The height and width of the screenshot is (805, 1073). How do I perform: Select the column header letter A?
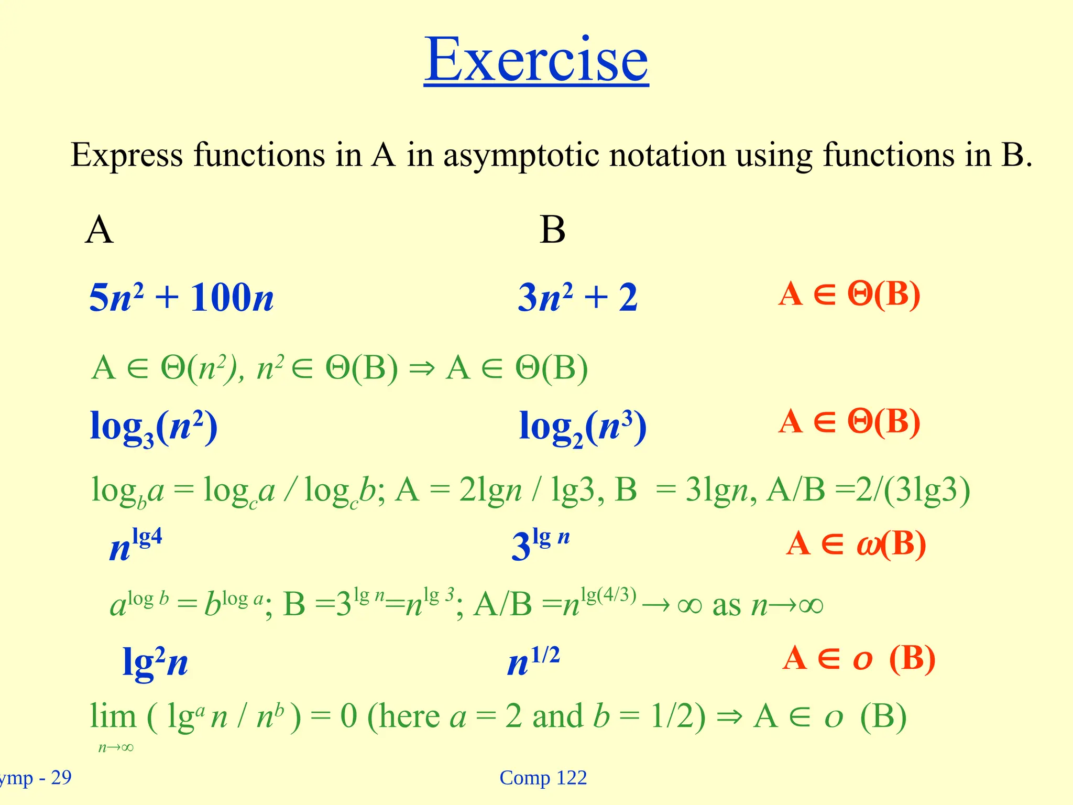tap(99, 230)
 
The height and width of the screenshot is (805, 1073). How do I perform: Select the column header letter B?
tap(552, 230)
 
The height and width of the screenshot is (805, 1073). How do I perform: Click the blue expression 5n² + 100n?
tap(181, 298)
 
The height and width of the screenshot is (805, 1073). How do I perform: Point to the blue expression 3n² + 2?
tap(577, 298)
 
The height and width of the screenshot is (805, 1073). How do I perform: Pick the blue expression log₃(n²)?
tap(154, 427)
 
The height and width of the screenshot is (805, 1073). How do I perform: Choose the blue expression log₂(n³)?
tap(583, 427)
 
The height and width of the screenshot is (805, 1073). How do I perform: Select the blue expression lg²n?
tap(155, 662)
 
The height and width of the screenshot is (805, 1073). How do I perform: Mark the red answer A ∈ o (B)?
tap(859, 658)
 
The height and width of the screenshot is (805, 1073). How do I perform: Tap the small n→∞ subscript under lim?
tap(116, 747)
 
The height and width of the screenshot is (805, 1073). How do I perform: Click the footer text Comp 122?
tap(543, 778)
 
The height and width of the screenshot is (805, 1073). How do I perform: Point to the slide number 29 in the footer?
tap(61, 778)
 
